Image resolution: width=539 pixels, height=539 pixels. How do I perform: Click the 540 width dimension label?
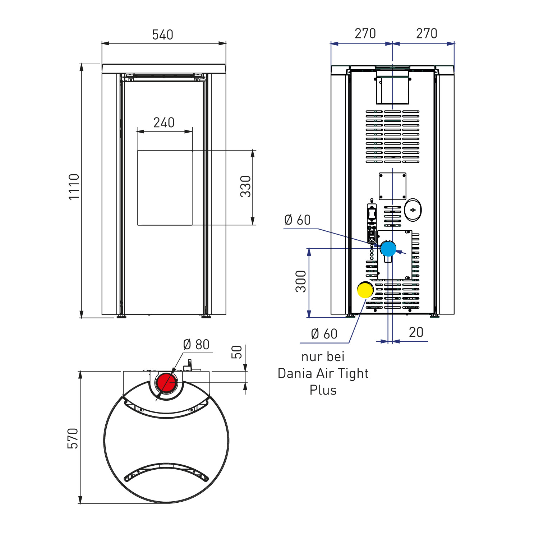tap(162, 35)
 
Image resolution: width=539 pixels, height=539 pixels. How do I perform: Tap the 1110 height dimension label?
tap(74, 186)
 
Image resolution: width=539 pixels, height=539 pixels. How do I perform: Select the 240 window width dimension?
tap(164, 123)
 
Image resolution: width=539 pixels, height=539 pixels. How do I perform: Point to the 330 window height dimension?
tap(246, 186)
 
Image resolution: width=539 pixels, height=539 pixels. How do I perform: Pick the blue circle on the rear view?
tap(388, 249)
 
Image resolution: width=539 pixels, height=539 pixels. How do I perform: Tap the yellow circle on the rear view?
tap(365, 290)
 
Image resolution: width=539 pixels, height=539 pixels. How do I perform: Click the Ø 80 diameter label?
tap(196, 345)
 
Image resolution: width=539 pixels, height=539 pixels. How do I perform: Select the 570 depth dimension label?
tap(73, 438)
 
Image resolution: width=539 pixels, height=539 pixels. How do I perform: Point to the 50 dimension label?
tap(237, 352)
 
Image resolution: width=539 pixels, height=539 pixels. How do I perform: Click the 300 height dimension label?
tap(301, 281)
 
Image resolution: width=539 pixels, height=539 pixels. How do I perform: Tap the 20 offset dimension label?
tap(416, 332)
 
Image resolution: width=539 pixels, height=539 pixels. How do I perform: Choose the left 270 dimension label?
tap(365, 34)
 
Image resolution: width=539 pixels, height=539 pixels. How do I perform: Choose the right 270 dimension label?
tap(427, 34)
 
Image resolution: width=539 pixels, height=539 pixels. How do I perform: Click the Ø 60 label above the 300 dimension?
tap(298, 220)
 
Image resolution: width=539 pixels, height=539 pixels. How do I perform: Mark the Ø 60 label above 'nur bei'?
tap(324, 334)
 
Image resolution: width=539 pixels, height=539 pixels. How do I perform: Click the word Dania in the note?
tap(295, 374)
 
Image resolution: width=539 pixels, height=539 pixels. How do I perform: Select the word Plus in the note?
tap(323, 390)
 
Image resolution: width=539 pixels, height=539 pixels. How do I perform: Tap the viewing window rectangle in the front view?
tap(165, 188)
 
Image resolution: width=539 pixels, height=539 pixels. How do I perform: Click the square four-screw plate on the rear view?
tap(392, 186)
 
